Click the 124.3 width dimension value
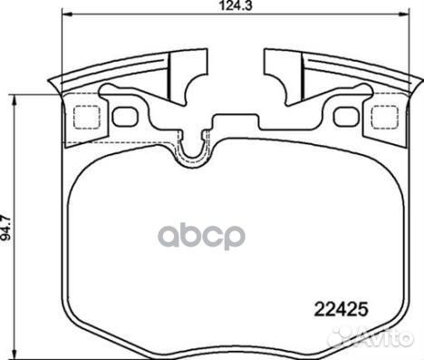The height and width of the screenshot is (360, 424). pyautogui.click(x=236, y=6)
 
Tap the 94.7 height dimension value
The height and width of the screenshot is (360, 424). pyautogui.click(x=6, y=228)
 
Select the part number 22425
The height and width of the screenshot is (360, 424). pyautogui.click(x=342, y=309)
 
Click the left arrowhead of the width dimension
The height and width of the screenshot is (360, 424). pyautogui.click(x=66, y=14)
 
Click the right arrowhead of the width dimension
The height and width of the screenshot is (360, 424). pyautogui.click(x=405, y=14)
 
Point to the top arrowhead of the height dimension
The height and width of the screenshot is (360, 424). pyautogui.click(x=14, y=100)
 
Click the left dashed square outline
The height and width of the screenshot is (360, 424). pyautogui.click(x=87, y=117)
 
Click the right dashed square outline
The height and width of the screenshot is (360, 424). pyautogui.click(x=385, y=117)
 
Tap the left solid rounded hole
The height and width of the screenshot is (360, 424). pyautogui.click(x=125, y=117)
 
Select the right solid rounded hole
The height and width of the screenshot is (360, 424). pyautogui.click(x=347, y=117)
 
